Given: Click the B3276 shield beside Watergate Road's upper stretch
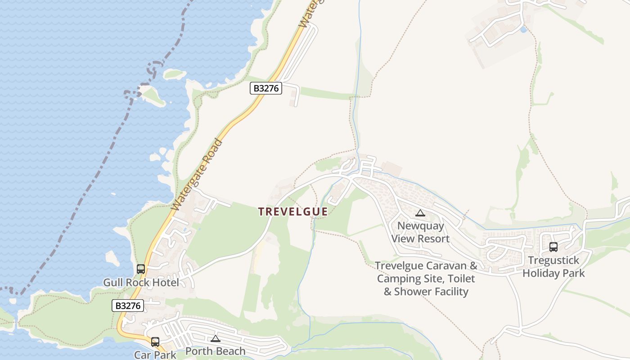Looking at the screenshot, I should click(266, 88).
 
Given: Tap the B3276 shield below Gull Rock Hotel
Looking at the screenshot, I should click(128, 306).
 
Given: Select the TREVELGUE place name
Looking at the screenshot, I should click(293, 211).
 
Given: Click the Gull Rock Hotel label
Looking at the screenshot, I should click(141, 283).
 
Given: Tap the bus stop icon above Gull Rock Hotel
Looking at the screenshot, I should click(141, 269).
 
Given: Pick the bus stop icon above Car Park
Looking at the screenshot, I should click(155, 342).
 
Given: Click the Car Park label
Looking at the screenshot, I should click(155, 355).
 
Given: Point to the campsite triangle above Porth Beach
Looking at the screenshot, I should click(216, 338).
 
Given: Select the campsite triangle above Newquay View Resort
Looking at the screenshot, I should click(420, 213).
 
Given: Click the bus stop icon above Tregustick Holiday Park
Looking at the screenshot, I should click(553, 247).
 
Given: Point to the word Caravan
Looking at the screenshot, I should click(448, 265).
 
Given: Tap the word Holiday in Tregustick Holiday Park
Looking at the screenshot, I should click(541, 273).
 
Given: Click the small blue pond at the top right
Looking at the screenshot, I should click(522, 30).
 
